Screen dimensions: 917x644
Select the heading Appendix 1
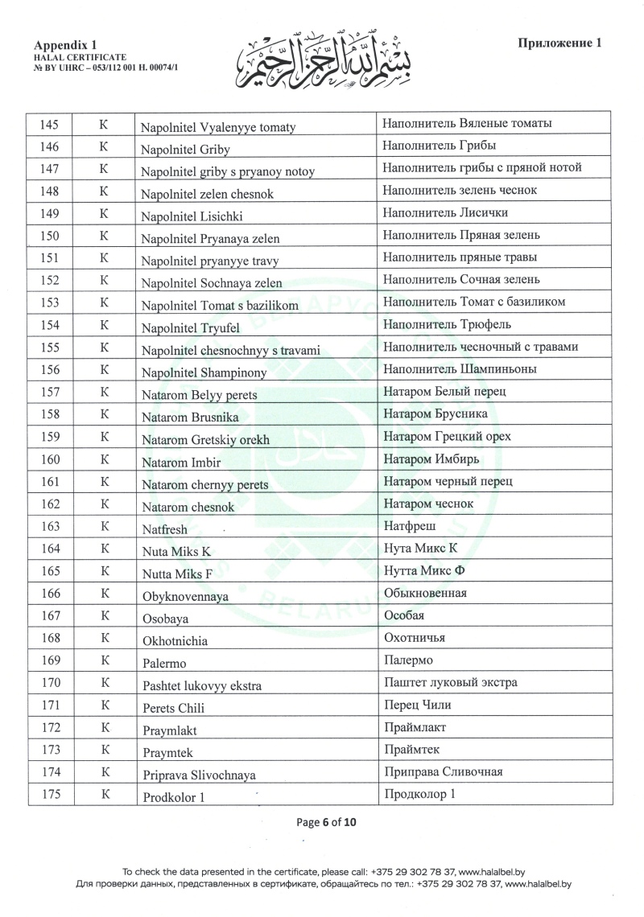(61, 47)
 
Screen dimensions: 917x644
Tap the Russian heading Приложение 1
(559, 43)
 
